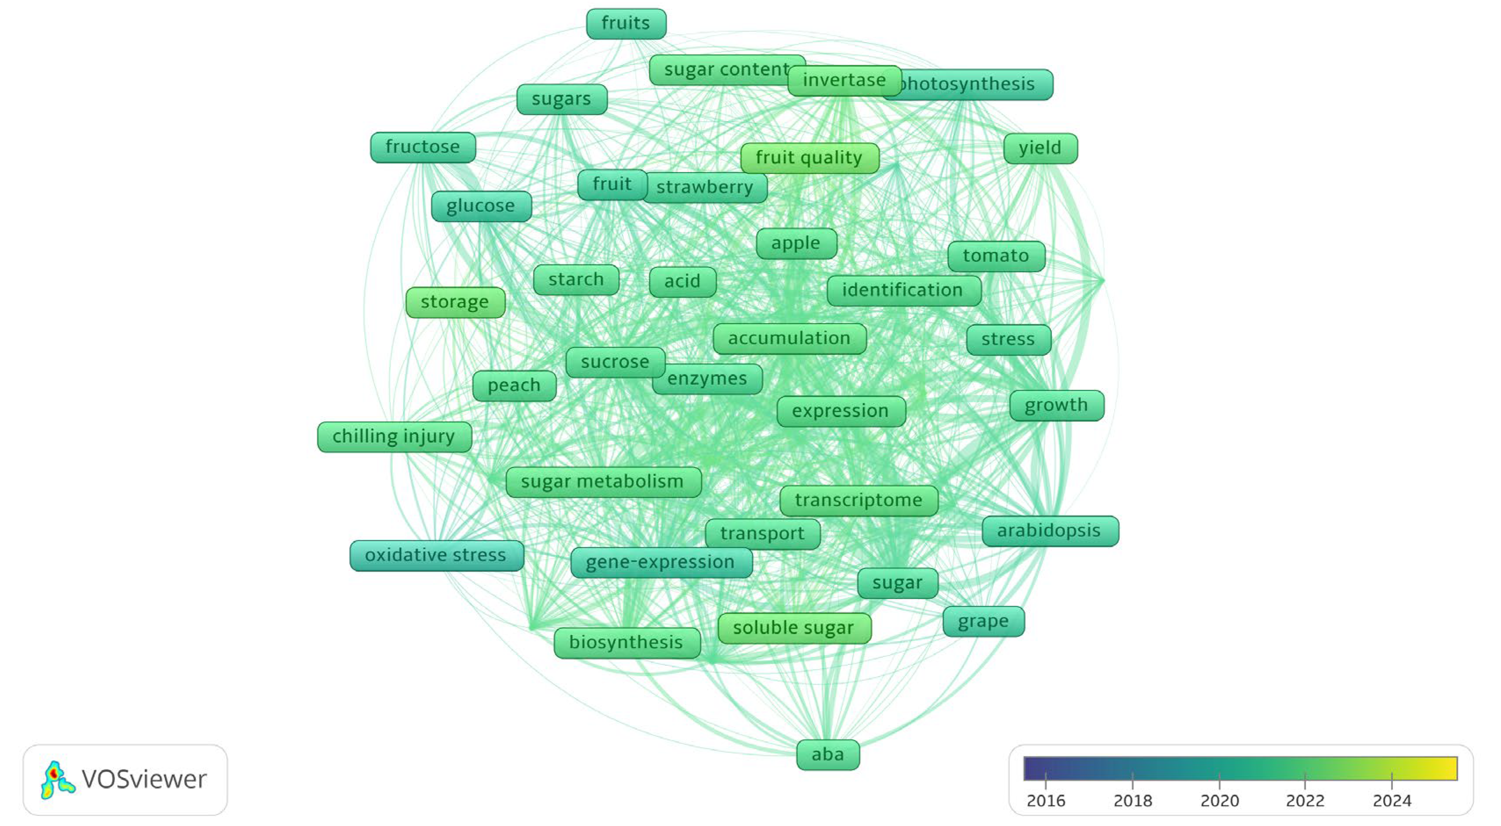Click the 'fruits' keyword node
point(626,24)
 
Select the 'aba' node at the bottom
point(827,755)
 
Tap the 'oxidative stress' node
point(436,555)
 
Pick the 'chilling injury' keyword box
point(394,437)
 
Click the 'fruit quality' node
point(809,158)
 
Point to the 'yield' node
point(1040,148)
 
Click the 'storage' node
point(455,302)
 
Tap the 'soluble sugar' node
point(794,628)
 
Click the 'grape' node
point(983,621)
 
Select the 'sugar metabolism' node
point(602,482)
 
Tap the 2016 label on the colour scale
point(1045,801)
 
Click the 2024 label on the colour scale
point(1392,801)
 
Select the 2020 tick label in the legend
point(1219,801)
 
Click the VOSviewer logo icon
point(57,779)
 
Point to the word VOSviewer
point(144,779)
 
